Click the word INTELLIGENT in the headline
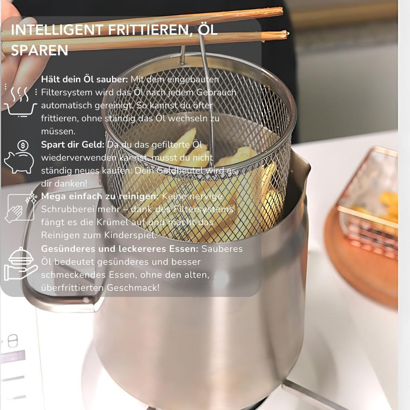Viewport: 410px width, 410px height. point(57,30)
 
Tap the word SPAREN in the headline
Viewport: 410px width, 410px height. point(40,50)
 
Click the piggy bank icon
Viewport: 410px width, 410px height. point(19,163)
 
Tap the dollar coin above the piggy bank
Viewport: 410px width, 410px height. point(23,145)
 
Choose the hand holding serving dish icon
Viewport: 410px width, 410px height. point(21,264)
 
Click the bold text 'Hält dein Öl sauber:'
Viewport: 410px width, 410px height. point(85,79)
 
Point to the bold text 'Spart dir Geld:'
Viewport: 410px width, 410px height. point(73,145)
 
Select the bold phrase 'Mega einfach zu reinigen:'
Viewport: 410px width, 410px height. point(100,196)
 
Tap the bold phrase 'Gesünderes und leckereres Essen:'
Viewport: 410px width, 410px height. point(120,249)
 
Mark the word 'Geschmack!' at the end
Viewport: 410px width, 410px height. point(133,288)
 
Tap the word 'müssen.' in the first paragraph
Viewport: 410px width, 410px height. point(58,132)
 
